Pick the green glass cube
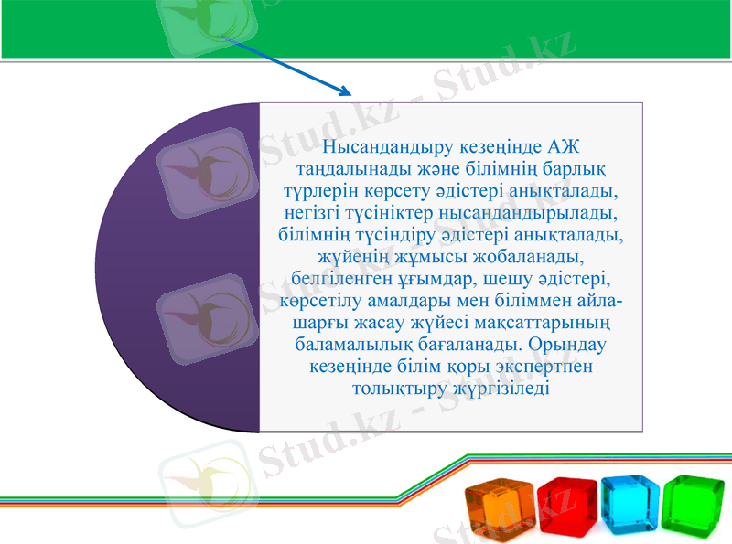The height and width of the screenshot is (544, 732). pos(693,506)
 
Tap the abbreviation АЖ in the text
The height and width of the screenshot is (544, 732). pos(562,148)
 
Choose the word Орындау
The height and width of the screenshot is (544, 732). pos(567,345)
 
